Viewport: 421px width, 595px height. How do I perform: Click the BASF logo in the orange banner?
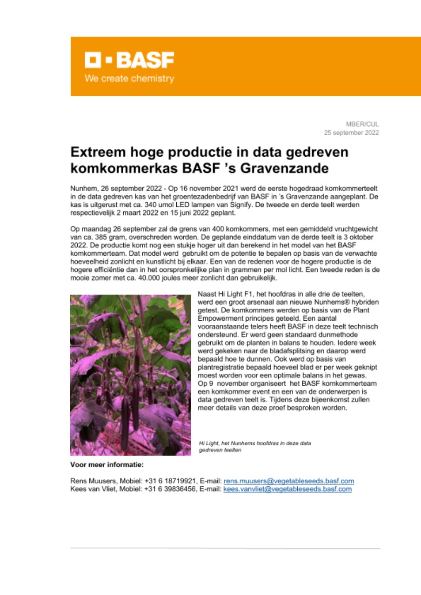point(129,60)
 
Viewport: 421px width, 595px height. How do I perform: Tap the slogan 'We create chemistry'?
point(129,79)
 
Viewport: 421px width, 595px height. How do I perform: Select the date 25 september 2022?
point(351,132)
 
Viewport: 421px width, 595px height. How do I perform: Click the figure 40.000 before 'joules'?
point(150,278)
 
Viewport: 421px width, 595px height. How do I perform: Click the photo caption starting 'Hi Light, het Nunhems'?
point(254,447)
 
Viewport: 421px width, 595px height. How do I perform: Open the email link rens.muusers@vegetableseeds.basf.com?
point(289,481)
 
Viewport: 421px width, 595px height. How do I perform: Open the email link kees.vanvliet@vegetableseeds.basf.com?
point(287,489)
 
